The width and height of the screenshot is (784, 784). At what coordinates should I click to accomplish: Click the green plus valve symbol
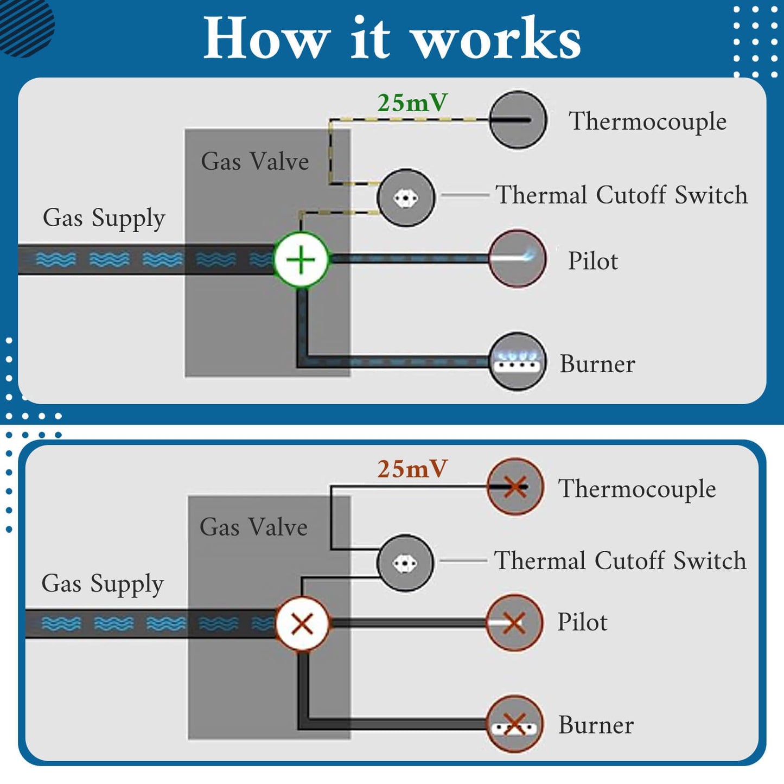(301, 259)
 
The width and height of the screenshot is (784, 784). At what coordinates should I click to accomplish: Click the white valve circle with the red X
(302, 623)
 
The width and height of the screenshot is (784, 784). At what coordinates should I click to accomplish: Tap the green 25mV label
(412, 103)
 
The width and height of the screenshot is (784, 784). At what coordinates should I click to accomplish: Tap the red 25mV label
(412, 469)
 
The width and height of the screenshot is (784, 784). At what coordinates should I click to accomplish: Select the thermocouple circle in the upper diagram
(518, 120)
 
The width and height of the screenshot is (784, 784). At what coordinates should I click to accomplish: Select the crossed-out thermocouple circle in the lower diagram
(514, 486)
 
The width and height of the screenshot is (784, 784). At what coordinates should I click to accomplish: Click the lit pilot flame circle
(517, 258)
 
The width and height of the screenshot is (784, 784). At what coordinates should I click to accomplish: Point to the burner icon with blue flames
(517, 361)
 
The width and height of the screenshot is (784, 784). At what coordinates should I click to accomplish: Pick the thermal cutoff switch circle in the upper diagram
(406, 197)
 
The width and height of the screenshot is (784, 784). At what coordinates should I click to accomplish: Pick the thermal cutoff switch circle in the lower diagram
(405, 563)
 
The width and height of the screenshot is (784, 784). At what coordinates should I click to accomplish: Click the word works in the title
(495, 39)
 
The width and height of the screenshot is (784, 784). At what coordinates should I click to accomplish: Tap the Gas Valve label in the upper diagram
(254, 161)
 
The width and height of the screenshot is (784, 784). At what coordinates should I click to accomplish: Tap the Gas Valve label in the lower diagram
(253, 527)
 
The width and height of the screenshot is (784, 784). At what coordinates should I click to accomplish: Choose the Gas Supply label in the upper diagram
(104, 218)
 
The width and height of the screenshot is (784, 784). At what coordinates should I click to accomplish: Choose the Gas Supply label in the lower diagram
(103, 584)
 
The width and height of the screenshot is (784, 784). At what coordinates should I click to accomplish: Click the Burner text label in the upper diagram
(597, 364)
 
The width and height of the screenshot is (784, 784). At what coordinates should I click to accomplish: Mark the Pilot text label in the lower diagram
(582, 622)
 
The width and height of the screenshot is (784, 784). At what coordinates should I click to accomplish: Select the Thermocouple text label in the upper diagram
(647, 121)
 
